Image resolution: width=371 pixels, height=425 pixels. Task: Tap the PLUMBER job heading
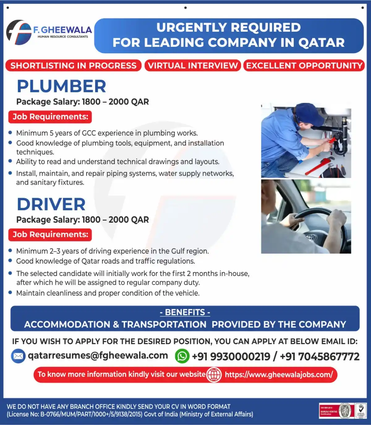coord(61,86)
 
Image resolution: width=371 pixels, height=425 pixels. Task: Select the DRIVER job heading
coord(51,204)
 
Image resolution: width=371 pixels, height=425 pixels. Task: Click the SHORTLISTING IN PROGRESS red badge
coord(73,66)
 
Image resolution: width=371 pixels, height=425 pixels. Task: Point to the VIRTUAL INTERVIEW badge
coord(193,66)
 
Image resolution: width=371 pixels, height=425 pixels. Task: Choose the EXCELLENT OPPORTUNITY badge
coord(304,66)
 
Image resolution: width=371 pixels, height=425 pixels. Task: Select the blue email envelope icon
coord(18,356)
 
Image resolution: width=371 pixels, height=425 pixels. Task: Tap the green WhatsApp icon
coord(182,356)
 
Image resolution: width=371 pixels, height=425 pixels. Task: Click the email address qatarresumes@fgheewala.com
coord(98,355)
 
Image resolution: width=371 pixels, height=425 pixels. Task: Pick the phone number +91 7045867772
coord(320,357)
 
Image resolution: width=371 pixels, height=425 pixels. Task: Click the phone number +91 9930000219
coord(231,357)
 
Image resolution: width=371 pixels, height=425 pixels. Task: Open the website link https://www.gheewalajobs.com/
coord(279,375)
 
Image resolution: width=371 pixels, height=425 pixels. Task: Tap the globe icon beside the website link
coord(214,375)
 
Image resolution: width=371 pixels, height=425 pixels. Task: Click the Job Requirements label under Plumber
coord(50,117)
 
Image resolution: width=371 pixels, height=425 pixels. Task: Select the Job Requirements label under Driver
coord(50,234)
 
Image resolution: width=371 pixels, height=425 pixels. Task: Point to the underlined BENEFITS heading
coord(185,312)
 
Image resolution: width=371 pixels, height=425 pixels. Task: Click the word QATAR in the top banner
coord(321,43)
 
